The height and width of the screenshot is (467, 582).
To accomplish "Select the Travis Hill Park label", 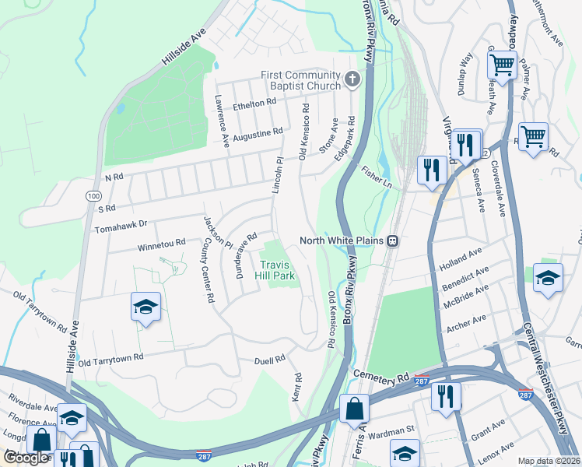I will pyautogui.click(x=278, y=269).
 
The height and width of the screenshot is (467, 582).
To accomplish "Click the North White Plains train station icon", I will pyautogui.click(x=394, y=241).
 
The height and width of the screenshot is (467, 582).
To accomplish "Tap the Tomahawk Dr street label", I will pyautogui.click(x=121, y=230).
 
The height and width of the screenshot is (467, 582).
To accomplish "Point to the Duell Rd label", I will pyautogui.click(x=270, y=360).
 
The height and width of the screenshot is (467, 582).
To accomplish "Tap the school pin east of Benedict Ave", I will pyautogui.click(x=549, y=278).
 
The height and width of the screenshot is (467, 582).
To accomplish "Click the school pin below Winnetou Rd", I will pyautogui.click(x=145, y=307).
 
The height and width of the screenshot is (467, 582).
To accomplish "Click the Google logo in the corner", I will pyautogui.click(x=26, y=458).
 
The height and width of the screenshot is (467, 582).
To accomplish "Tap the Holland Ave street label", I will pyautogui.click(x=461, y=257).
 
